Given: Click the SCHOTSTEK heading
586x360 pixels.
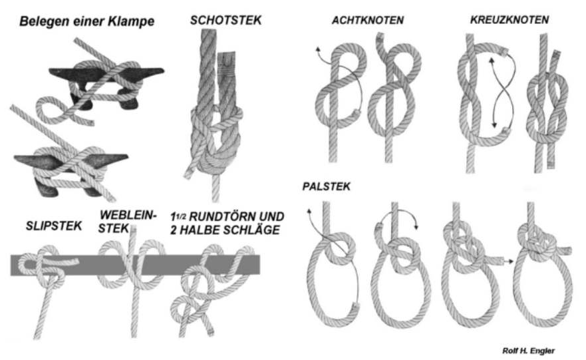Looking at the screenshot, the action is pyautogui.click(x=225, y=20).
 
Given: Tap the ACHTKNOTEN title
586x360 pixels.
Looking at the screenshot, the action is pyautogui.click(x=368, y=20).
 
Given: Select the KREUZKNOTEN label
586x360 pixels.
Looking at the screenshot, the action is pyautogui.click(x=510, y=19).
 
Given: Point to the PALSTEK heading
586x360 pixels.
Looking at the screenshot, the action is pyautogui.click(x=327, y=186).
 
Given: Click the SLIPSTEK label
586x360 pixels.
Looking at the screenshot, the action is pyautogui.click(x=54, y=226).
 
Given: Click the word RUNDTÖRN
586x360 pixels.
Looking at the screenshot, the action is pyautogui.click(x=219, y=216).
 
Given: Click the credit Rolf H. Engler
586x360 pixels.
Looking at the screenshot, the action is pyautogui.click(x=528, y=351).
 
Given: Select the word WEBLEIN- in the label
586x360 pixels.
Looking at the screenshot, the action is pyautogui.click(x=128, y=215).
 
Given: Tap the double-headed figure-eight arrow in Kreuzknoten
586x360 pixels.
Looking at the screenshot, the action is pyautogui.click(x=503, y=92).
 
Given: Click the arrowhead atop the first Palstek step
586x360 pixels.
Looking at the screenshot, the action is pyautogui.click(x=309, y=211).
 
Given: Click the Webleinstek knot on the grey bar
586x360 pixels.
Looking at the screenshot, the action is pyautogui.click(x=132, y=264).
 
